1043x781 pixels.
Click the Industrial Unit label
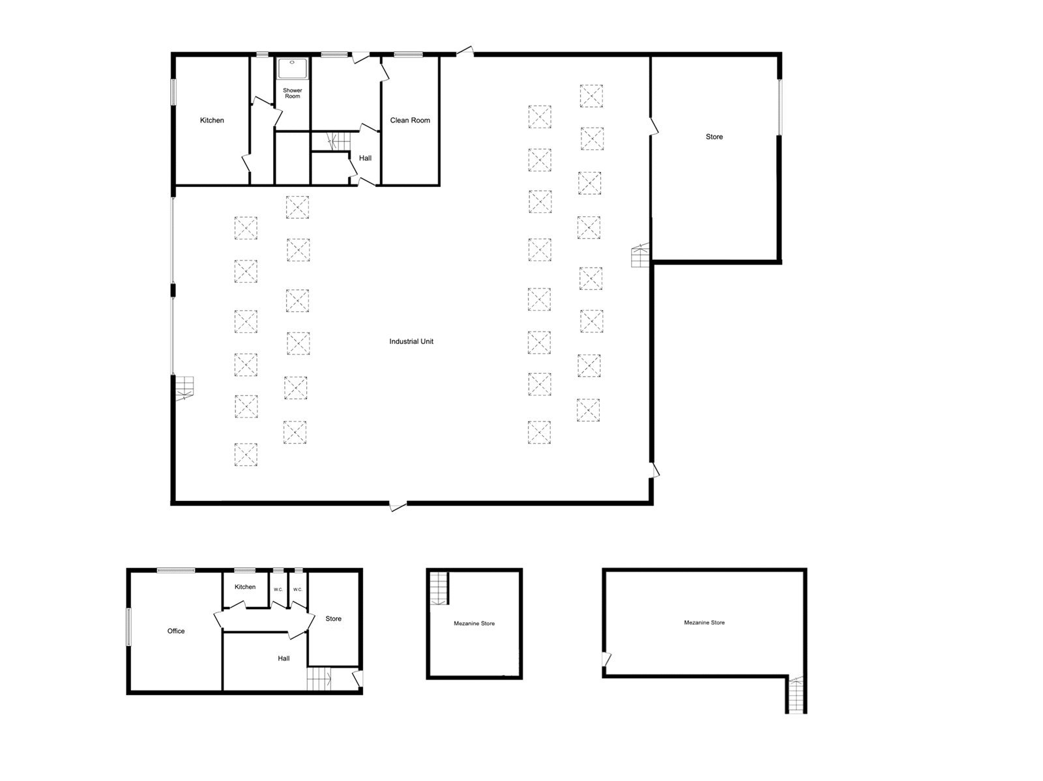tap(411, 341)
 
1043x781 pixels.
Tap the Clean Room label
tap(409, 121)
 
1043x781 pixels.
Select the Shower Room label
tap(292, 93)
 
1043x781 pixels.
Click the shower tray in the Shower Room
tap(292, 69)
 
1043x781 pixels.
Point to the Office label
tap(176, 631)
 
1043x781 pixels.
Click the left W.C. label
tap(278, 589)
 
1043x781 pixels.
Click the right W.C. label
tap(297, 589)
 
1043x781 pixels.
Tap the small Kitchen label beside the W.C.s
tap(244, 587)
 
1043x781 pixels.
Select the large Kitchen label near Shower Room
tap(212, 121)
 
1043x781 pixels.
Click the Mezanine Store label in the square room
tap(474, 623)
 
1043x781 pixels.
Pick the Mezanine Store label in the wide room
tap(704, 623)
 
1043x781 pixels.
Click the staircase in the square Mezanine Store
tap(439, 589)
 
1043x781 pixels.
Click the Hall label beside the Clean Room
tap(365, 158)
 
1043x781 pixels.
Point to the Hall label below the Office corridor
tap(284, 659)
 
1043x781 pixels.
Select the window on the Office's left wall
tap(128, 627)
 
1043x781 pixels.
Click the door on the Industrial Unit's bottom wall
tap(398, 505)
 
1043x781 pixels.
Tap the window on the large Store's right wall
tap(779, 107)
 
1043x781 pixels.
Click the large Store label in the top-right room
tap(714, 137)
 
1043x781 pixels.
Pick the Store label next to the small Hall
tap(333, 619)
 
